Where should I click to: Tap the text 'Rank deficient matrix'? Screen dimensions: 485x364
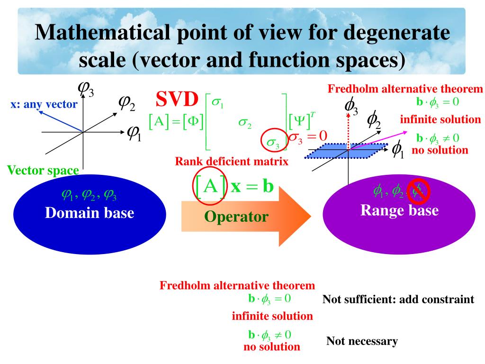click(232, 162)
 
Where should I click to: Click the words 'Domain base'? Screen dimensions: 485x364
click(90, 213)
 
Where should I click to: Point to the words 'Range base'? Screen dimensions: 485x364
click(399, 210)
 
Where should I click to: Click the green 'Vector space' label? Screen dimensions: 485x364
click(43, 170)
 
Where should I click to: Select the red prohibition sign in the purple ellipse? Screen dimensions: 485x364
click(419, 191)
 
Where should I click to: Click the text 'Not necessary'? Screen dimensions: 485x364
click(362, 341)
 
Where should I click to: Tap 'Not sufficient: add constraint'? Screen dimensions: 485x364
click(398, 300)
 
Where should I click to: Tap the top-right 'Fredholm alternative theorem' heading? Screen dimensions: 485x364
click(405, 89)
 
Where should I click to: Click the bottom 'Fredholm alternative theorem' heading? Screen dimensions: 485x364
click(237, 286)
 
